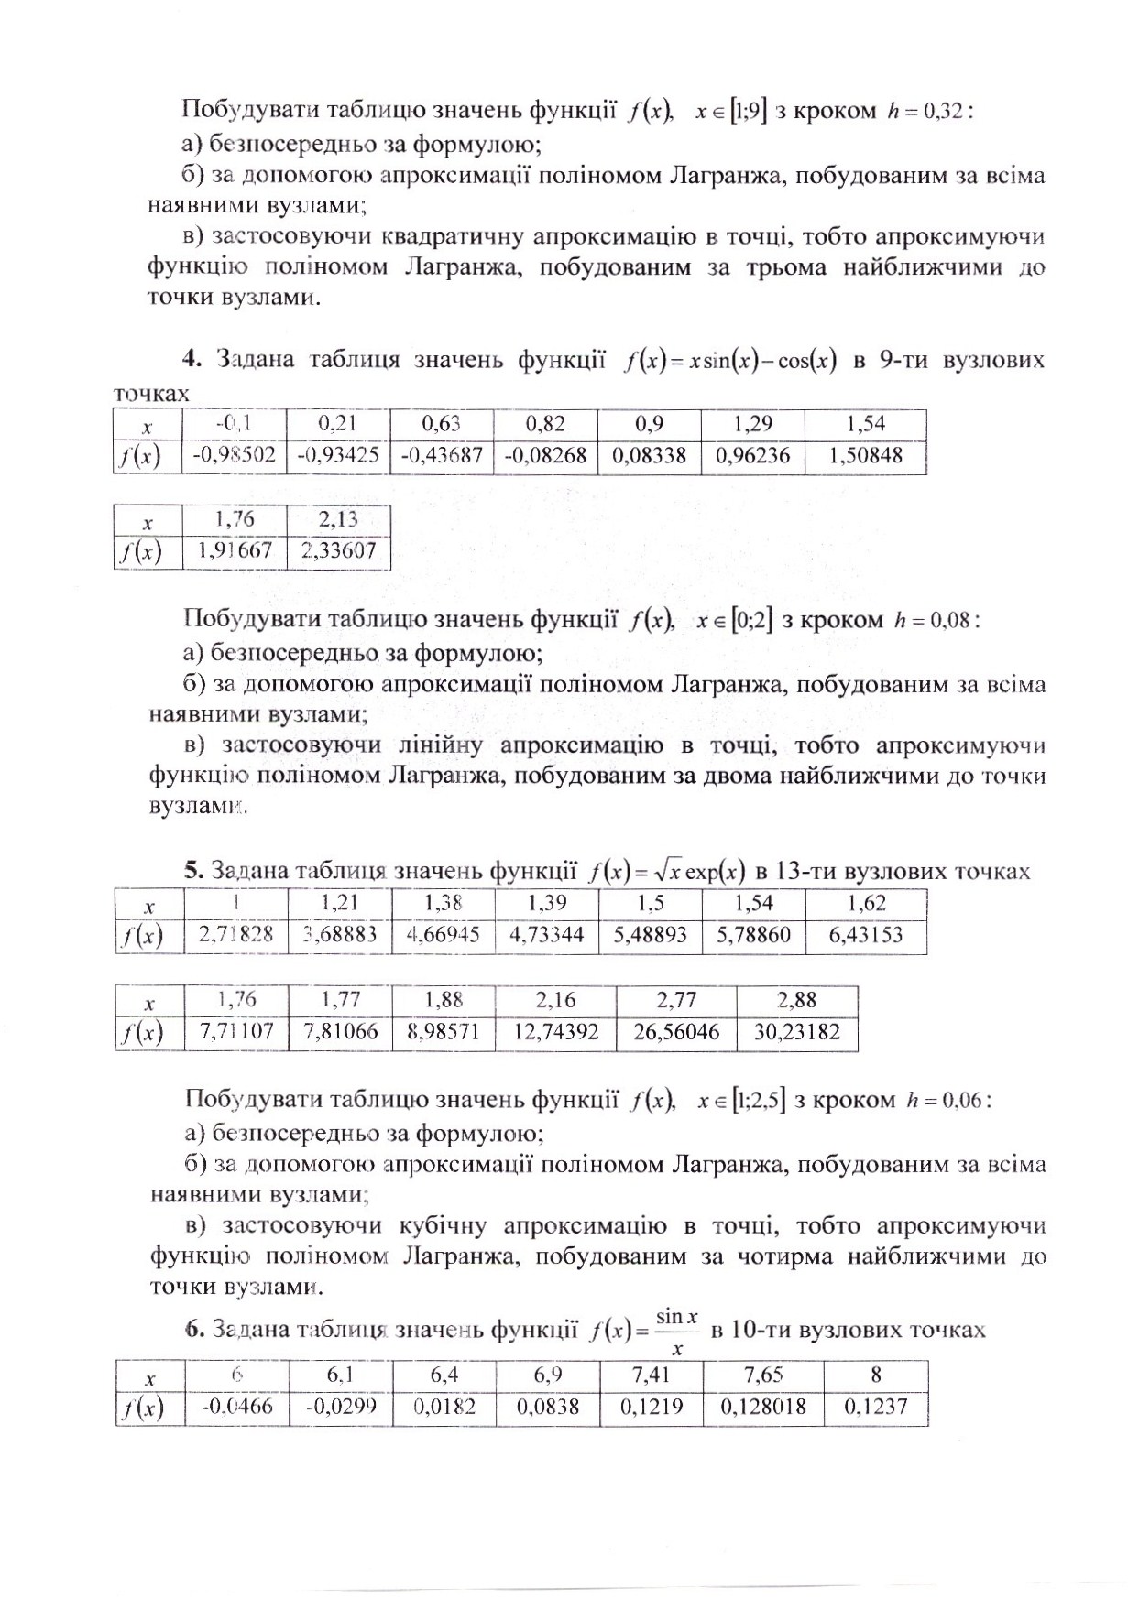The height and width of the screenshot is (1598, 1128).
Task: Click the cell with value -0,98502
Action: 234,455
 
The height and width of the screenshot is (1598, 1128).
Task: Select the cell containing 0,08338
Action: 649,455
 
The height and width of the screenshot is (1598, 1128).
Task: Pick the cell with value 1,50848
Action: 865,455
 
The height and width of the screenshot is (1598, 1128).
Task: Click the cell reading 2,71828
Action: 235,935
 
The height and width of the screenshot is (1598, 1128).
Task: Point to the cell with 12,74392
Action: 555,1032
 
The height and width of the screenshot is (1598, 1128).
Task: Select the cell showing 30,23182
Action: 796,1032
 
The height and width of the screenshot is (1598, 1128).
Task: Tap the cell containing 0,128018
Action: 763,1406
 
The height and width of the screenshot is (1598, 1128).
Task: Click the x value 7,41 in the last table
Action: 652,1375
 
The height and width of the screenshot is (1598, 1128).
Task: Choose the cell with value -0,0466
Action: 235,1406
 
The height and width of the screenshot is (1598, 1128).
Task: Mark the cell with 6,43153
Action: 865,935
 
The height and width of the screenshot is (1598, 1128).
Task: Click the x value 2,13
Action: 338,519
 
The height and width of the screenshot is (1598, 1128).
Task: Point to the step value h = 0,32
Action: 924,112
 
